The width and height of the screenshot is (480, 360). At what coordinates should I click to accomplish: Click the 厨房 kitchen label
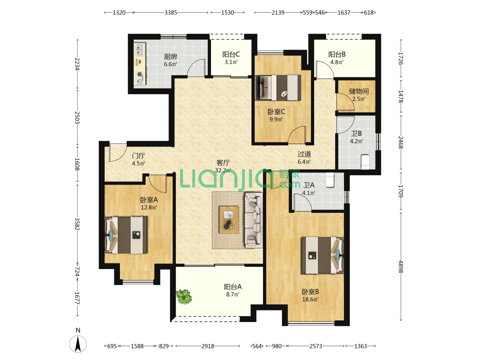(170, 57)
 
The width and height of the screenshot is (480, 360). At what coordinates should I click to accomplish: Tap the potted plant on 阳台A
(184, 297)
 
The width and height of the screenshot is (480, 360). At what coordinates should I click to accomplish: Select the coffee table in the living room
(229, 220)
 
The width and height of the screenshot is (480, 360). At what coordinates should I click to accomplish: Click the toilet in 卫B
(365, 162)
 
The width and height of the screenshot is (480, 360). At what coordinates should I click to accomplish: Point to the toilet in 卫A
(330, 180)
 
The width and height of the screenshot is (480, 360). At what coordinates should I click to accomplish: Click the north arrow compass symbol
(78, 344)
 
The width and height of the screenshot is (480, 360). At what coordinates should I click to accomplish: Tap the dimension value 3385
(171, 13)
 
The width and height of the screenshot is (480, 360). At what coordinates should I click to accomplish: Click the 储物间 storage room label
(359, 91)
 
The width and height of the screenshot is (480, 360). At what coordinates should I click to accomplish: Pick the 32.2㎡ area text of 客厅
(223, 170)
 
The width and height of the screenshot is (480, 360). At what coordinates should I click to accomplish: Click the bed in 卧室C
(278, 88)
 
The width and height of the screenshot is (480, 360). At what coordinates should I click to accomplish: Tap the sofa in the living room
(254, 220)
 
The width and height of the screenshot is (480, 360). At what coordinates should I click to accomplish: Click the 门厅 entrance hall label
(138, 156)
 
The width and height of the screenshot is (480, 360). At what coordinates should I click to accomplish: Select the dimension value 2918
(208, 346)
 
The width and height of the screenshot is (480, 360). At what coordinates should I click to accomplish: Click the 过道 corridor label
(304, 154)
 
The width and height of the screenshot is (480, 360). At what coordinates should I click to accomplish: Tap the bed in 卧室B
(323, 255)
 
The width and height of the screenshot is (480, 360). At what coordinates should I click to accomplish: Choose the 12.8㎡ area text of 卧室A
(149, 207)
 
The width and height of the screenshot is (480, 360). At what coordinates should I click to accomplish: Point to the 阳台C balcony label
(231, 54)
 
